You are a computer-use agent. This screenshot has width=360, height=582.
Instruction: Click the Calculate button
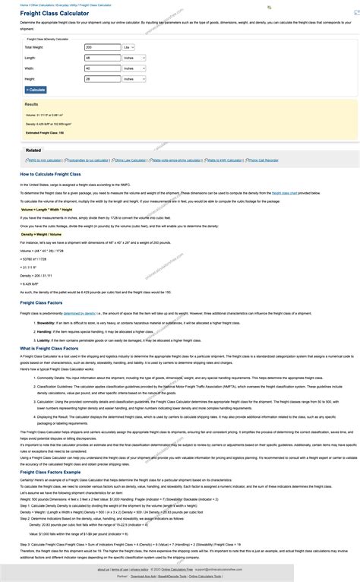point(36,90)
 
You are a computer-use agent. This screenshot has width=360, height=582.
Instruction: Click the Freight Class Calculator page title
point(54,14)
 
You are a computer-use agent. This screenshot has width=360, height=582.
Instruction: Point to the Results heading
point(31,104)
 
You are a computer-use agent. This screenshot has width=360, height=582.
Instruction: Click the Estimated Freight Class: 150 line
point(45,132)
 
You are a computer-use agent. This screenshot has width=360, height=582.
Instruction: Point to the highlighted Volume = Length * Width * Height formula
point(47,209)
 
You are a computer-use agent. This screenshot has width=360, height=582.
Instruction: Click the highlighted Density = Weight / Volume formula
point(42,234)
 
